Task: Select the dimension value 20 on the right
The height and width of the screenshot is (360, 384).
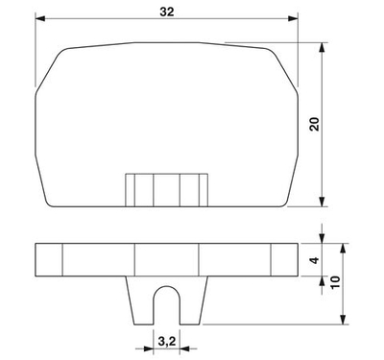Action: coord(312,125)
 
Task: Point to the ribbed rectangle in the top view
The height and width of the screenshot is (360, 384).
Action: coord(167,188)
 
